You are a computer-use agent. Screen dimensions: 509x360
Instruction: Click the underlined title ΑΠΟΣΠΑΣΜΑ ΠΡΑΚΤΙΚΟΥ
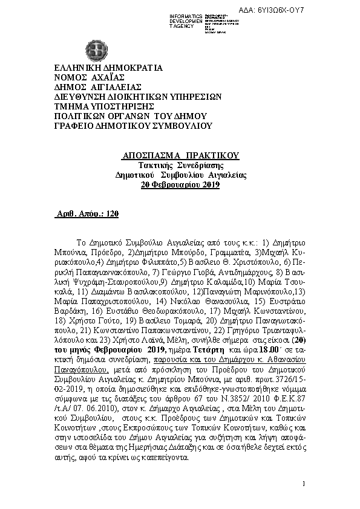coord(181,155)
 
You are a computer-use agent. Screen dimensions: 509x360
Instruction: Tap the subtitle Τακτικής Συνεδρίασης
coord(180,165)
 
